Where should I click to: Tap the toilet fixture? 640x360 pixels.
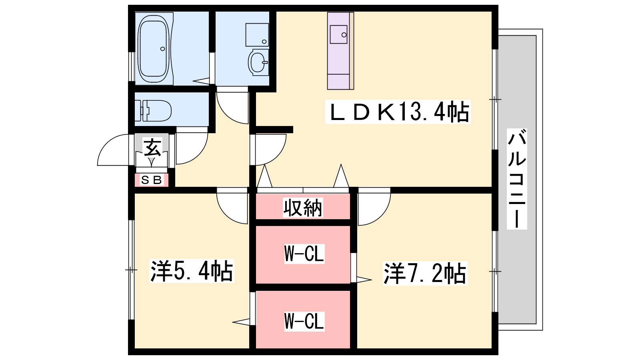154,110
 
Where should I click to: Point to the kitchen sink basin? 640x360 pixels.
338,34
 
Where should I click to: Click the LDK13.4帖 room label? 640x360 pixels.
398,112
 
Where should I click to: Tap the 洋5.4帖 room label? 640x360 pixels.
191,271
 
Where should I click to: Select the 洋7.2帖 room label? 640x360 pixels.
424,274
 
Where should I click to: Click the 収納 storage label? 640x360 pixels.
303,208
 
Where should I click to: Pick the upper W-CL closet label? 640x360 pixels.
304,254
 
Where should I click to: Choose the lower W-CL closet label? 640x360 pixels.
304,321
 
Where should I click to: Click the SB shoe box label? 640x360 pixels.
151,180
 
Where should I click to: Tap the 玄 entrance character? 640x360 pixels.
152,148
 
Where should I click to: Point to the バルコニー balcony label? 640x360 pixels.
517,178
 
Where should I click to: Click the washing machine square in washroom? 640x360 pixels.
257,35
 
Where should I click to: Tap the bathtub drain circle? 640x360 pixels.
162,49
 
